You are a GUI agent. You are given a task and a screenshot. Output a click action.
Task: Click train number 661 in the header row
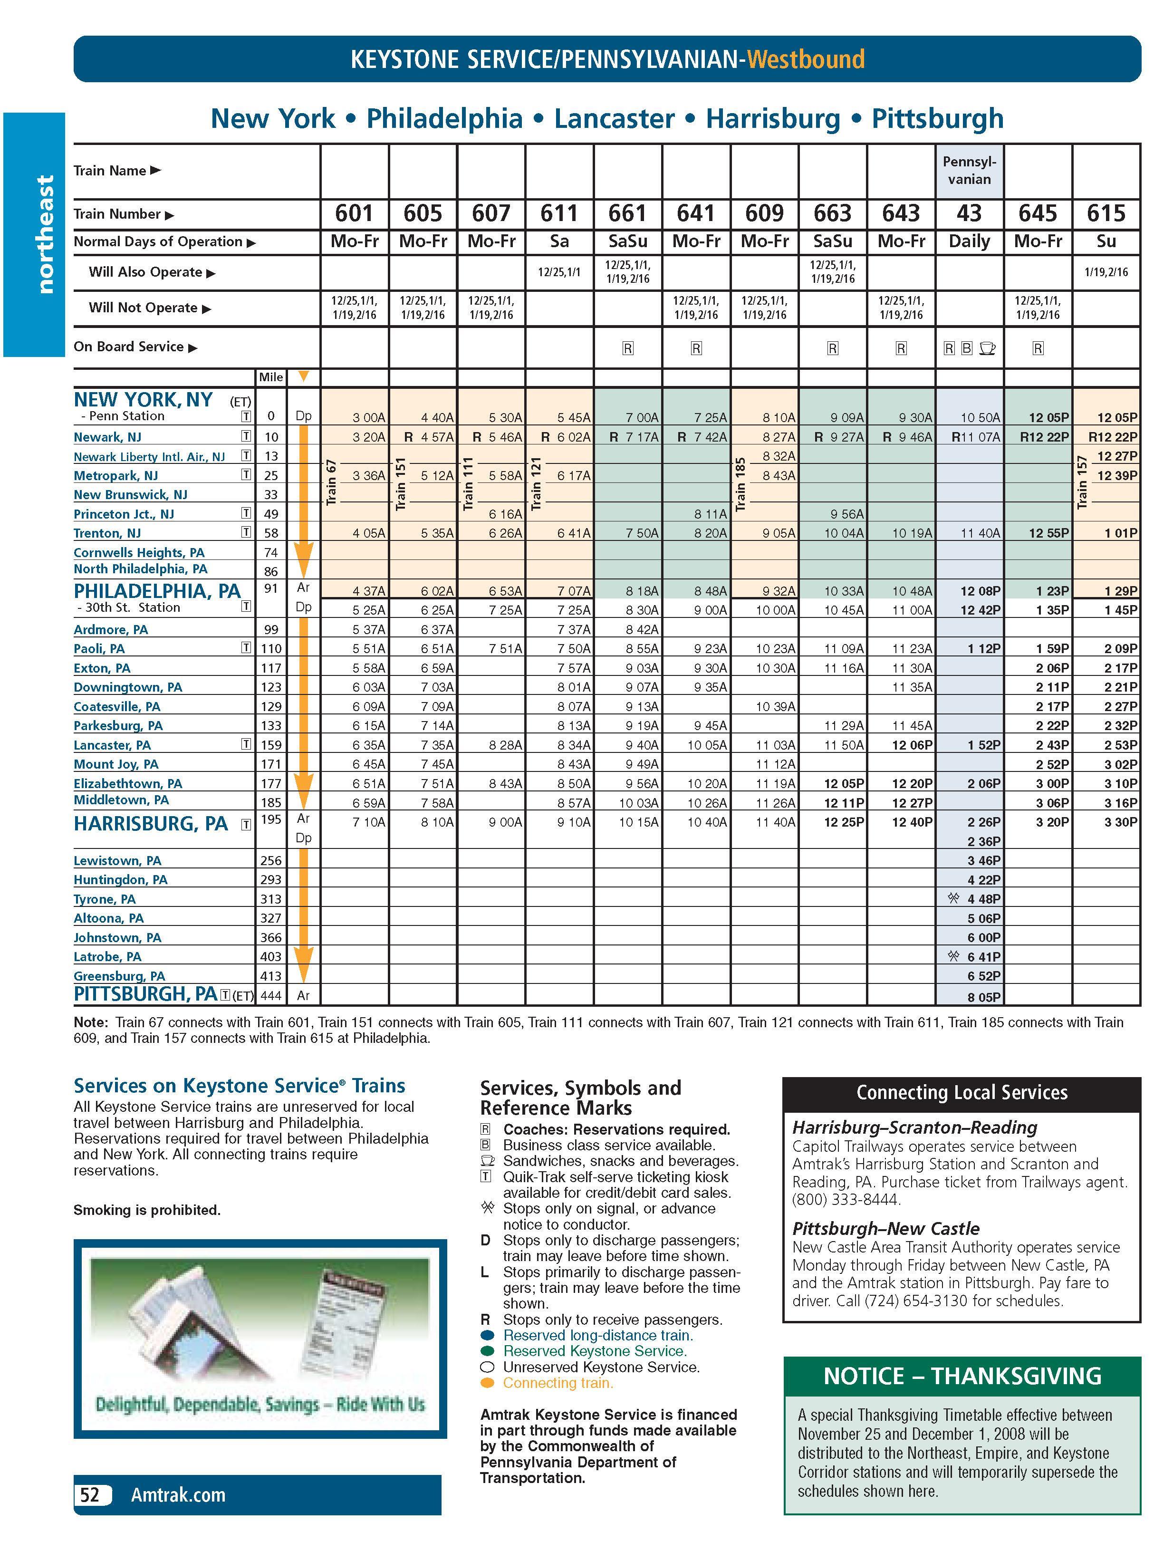(627, 213)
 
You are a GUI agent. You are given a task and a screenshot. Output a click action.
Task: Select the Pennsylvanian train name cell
(969, 170)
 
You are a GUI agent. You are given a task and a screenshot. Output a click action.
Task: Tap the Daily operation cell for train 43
(969, 242)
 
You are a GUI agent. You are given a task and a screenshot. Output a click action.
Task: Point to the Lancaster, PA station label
(112, 745)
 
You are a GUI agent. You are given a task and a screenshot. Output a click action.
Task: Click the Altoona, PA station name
(109, 918)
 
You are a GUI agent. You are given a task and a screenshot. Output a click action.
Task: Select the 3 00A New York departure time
(369, 418)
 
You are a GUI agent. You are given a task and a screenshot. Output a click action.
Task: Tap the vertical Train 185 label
(740, 484)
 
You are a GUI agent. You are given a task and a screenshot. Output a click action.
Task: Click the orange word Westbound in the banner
(806, 59)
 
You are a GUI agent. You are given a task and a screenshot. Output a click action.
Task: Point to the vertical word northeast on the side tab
(45, 234)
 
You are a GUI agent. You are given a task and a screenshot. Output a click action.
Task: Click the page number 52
(90, 1495)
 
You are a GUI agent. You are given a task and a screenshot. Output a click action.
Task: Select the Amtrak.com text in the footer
(178, 1495)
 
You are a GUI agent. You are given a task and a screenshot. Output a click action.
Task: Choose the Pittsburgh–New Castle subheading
(885, 1228)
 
